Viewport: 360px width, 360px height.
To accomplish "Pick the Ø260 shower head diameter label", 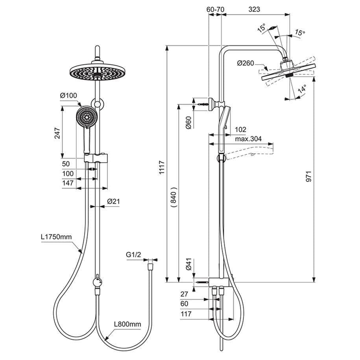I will click(246, 63).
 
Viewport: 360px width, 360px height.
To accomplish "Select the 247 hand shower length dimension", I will click(57, 133).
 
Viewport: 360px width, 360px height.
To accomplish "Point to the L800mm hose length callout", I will click(127, 324).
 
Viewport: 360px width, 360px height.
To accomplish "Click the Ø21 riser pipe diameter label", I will click(113, 201).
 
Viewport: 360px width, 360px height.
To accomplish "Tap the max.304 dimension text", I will click(249, 139).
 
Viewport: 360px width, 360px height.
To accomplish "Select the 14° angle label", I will click(302, 90).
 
